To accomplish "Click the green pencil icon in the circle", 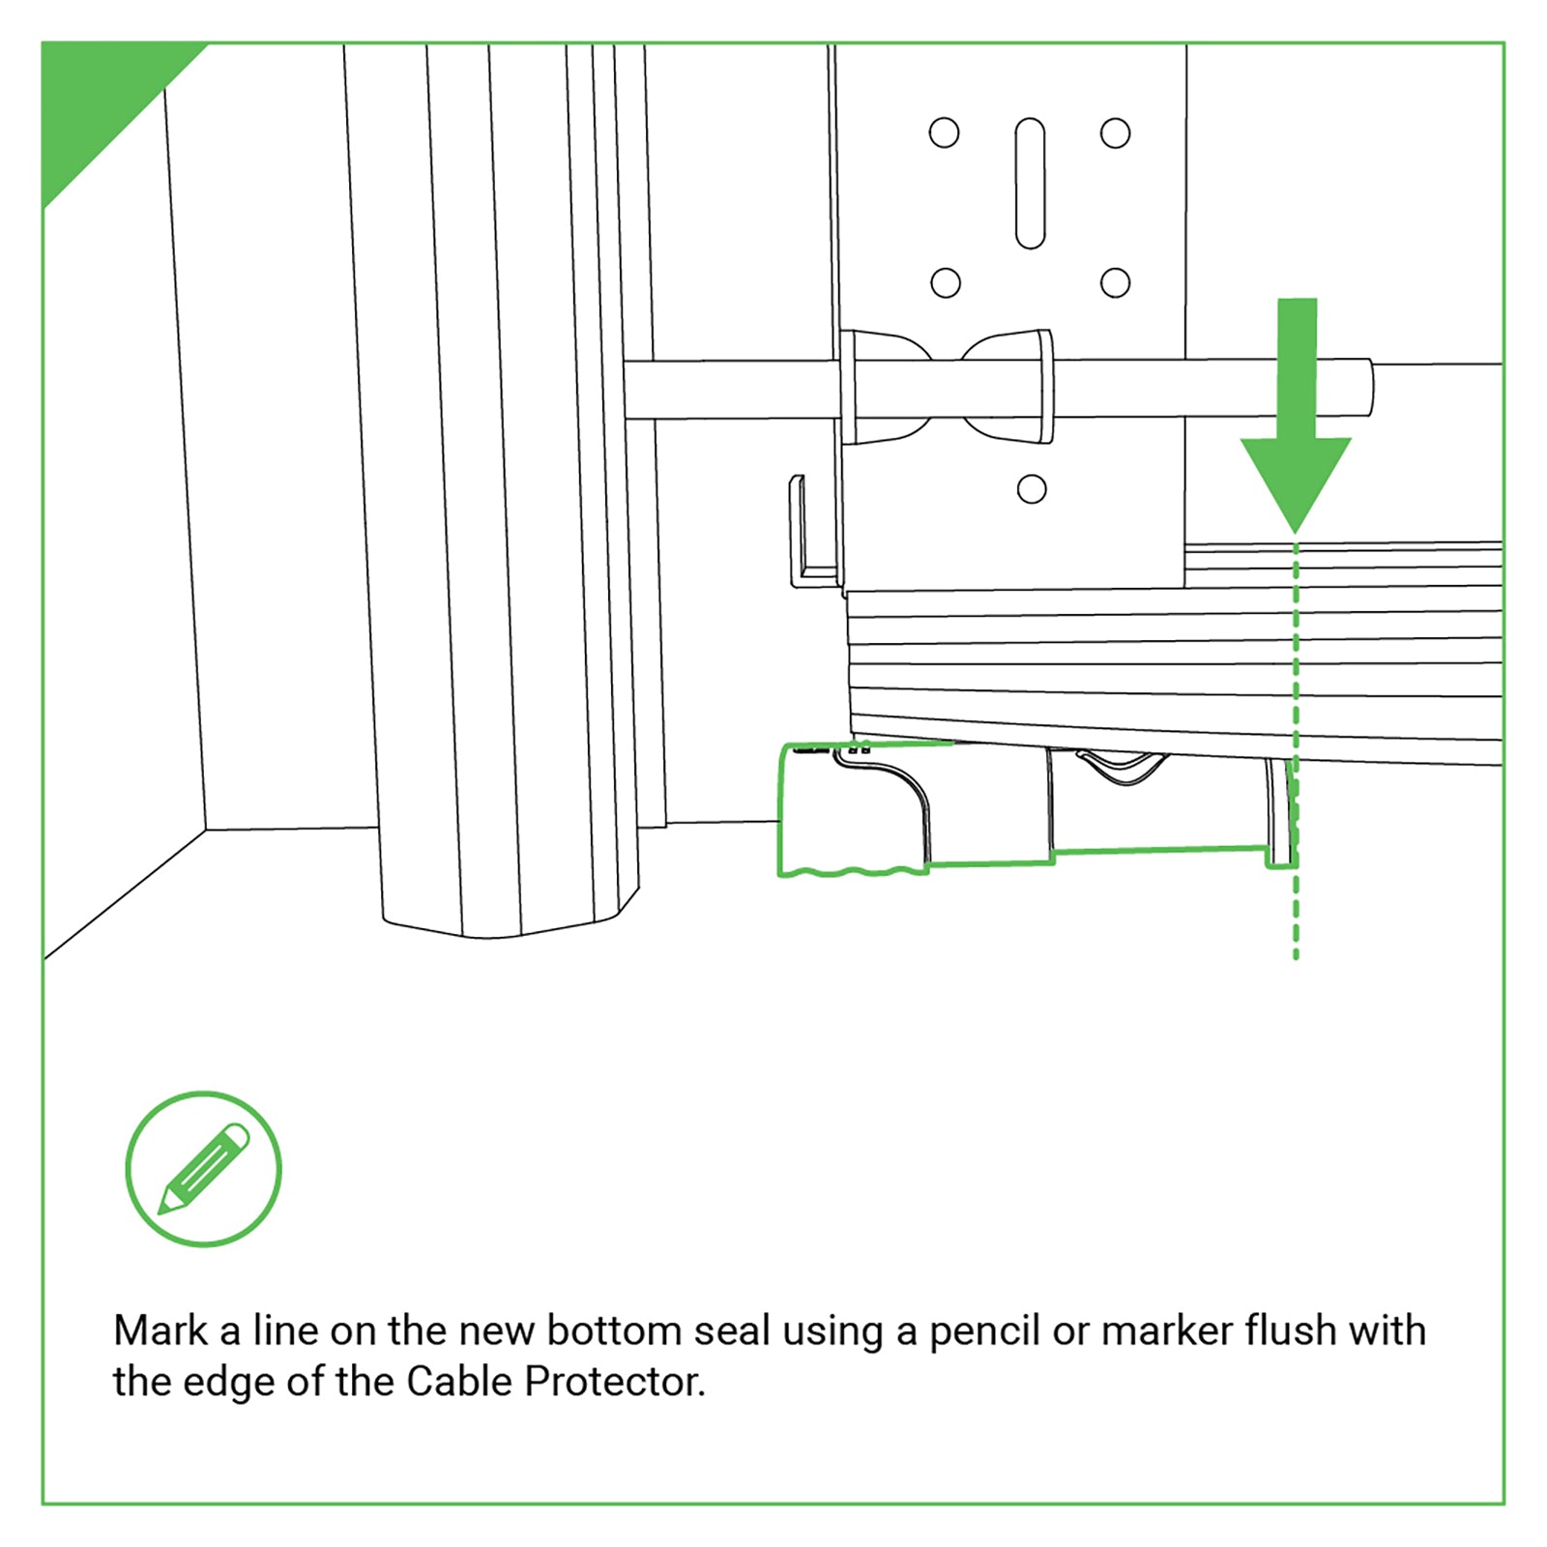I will (x=204, y=1168).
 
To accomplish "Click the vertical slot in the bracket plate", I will (x=1030, y=184).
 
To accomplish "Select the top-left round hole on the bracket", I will (x=944, y=132).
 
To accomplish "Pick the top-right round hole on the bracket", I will (x=1115, y=132).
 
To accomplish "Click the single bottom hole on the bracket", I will (x=1032, y=489).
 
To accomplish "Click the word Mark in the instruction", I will (x=161, y=1331).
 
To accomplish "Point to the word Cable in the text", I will (x=459, y=1382).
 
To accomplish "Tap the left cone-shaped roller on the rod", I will (x=885, y=387).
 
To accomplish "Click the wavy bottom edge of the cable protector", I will (x=851, y=872).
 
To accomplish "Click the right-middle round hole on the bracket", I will (x=1115, y=282).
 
